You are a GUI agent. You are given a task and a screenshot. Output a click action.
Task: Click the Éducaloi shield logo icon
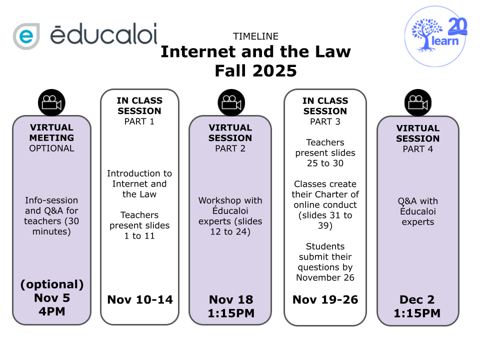(26, 36)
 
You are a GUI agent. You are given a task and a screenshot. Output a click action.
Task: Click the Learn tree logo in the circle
(434, 36)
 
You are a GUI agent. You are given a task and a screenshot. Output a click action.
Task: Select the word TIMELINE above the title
(255, 36)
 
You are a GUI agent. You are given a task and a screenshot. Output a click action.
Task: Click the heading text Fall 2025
(255, 70)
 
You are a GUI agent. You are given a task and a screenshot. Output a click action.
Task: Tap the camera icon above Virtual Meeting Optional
(51, 102)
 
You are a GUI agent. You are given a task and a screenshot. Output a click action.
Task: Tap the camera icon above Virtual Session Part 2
(231, 102)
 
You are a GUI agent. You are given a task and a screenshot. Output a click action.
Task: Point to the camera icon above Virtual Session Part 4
(418, 102)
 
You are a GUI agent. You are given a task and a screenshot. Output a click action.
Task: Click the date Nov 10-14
(140, 299)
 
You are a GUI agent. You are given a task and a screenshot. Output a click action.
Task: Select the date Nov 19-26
(325, 299)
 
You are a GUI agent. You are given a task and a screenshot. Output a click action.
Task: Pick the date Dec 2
(417, 299)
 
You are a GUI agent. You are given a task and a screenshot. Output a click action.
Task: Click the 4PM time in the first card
(51, 311)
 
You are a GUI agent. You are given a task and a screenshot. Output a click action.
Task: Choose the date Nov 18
(231, 299)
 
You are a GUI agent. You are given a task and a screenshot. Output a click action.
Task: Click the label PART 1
(139, 121)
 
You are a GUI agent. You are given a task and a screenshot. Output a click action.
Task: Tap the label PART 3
(325, 121)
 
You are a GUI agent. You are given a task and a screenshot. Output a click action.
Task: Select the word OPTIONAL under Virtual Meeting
(51, 148)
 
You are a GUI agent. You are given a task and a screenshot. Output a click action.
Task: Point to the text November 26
(325, 277)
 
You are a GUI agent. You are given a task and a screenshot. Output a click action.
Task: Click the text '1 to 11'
(139, 235)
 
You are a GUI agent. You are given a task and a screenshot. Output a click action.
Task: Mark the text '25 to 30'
(325, 163)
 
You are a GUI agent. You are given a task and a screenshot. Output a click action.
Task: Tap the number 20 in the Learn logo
(457, 25)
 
